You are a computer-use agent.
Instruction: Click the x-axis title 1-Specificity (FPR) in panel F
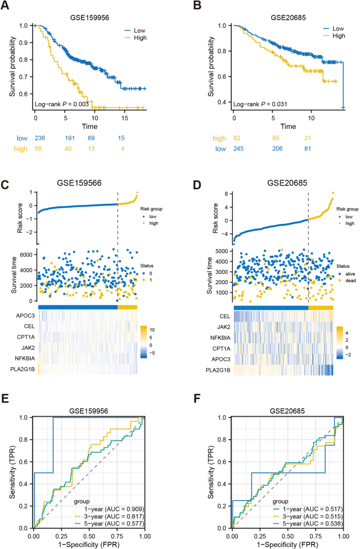point(287,543)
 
